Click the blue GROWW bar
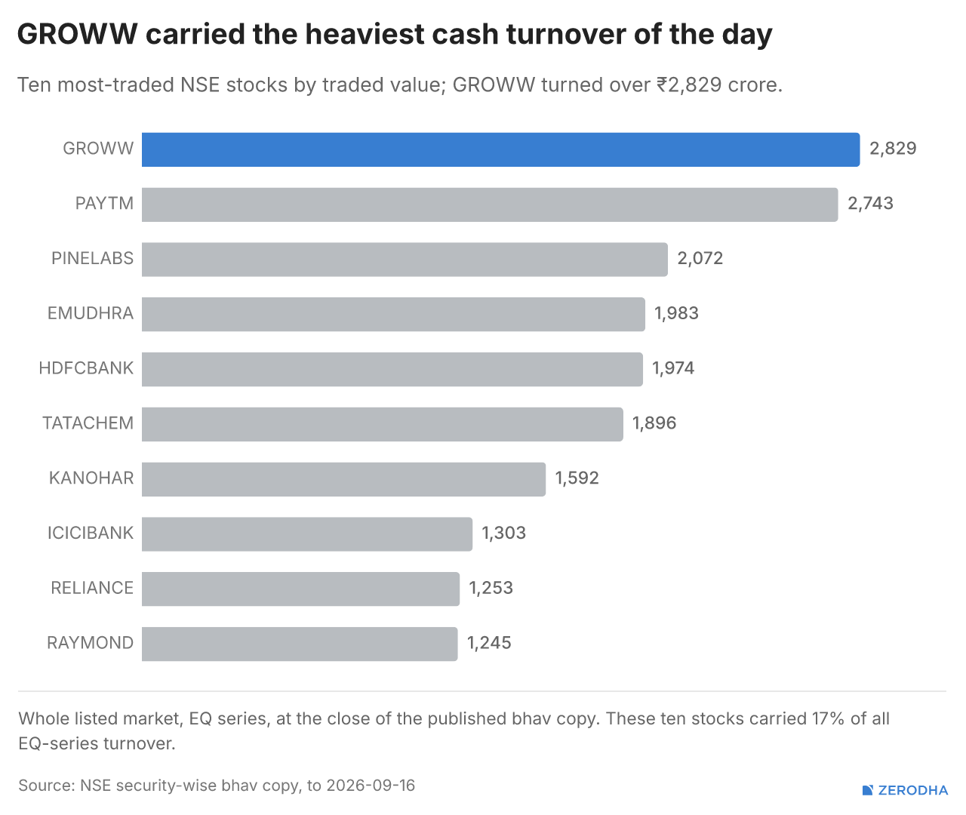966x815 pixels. (x=500, y=149)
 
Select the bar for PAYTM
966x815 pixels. (x=490, y=205)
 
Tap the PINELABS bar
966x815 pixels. (x=405, y=260)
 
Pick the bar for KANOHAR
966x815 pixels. (x=343, y=479)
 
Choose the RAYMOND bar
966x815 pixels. (x=300, y=644)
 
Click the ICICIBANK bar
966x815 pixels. (x=307, y=534)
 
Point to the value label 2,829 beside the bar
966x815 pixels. (x=893, y=149)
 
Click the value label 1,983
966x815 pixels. (x=676, y=313)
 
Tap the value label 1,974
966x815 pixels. (x=673, y=368)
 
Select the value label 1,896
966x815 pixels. (x=654, y=423)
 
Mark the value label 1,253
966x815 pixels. (x=491, y=588)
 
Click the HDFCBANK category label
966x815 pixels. (x=86, y=368)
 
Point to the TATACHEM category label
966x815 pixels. (x=88, y=423)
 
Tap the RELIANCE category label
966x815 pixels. (x=92, y=588)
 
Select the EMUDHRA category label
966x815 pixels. (x=91, y=313)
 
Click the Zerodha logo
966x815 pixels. (x=905, y=790)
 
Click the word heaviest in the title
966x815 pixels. (x=365, y=34)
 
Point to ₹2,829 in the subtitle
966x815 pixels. (x=689, y=85)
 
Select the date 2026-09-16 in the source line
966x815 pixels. (x=371, y=786)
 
